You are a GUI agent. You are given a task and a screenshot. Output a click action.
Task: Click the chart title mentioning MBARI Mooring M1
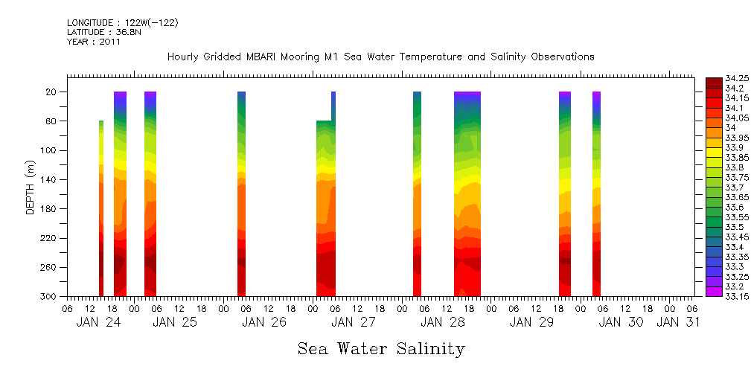point(380,57)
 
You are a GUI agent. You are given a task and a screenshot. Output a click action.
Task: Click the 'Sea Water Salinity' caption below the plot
point(381,349)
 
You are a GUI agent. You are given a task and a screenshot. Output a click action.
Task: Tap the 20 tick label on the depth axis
point(52,92)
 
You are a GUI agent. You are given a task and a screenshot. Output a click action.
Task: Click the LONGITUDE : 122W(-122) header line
point(122,23)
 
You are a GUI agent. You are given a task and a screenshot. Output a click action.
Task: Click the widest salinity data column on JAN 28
point(467,193)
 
